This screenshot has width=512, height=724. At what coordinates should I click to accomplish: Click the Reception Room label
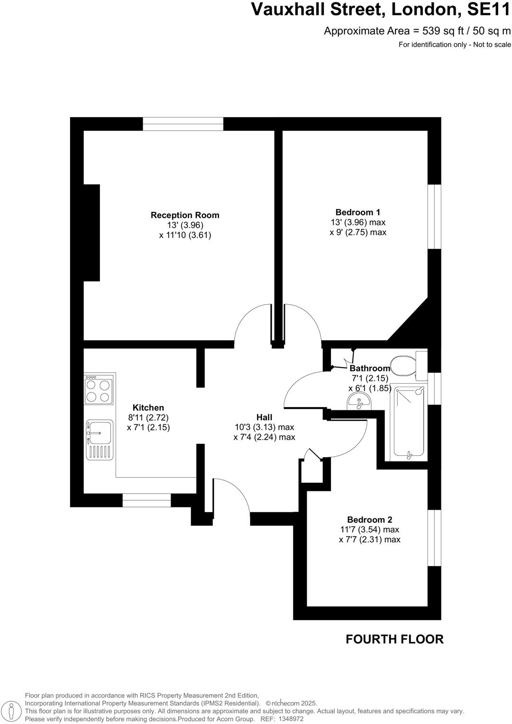click(185, 215)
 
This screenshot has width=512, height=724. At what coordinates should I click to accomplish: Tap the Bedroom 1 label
click(357, 212)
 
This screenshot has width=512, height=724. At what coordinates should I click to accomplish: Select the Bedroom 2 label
click(369, 519)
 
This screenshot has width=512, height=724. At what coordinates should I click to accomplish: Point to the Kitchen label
click(148, 407)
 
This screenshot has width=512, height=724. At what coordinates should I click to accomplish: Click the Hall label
click(264, 417)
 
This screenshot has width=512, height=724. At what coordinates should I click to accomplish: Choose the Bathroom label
click(370, 368)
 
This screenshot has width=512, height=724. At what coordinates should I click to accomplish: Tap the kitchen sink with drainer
click(100, 439)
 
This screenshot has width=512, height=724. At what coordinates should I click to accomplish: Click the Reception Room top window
click(183, 124)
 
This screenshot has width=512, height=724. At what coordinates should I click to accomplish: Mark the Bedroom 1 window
click(434, 216)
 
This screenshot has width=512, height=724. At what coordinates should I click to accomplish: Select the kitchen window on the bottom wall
click(146, 500)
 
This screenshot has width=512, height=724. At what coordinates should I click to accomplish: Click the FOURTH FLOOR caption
click(394, 639)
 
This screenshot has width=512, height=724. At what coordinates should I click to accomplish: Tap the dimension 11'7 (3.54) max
click(369, 529)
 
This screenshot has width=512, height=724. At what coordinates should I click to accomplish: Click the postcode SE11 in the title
click(487, 9)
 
